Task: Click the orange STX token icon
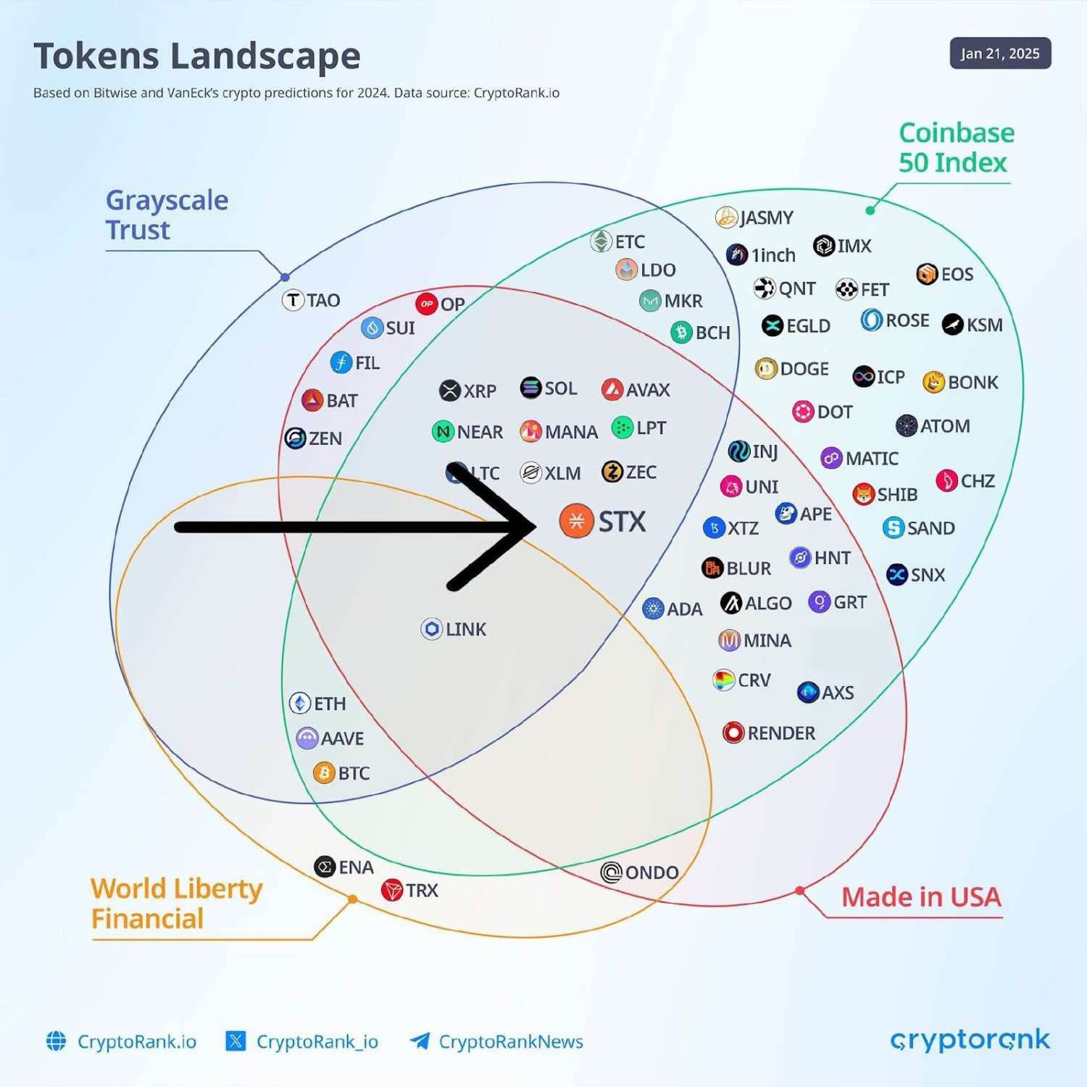577,521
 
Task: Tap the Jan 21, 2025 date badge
1000,54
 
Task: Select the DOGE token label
804,369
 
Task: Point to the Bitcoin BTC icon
324,773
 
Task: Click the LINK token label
465,629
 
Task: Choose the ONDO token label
651,872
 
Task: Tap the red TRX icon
392,890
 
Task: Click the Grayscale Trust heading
167,215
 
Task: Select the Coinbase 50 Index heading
956,148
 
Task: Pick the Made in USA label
921,897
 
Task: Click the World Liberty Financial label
176,904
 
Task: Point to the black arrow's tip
533,527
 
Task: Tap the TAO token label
322,300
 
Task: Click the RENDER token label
781,733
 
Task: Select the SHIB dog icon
864,495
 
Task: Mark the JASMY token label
766,217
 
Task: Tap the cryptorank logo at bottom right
970,1041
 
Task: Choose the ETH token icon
300,703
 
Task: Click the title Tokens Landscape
197,57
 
